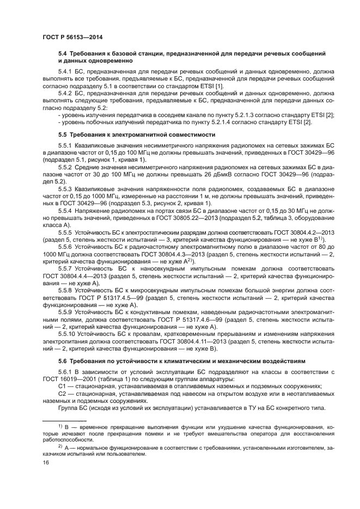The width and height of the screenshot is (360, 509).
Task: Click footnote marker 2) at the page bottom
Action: click(60, 445)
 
